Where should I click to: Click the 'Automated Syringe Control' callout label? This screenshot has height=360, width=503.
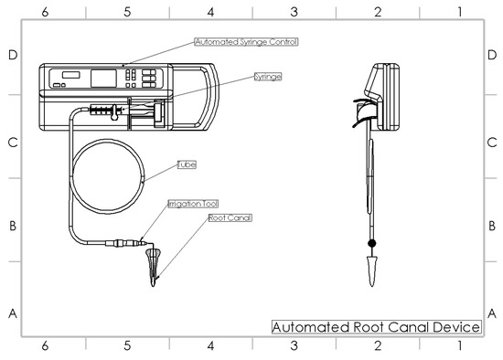246,42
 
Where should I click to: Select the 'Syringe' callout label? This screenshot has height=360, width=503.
267,77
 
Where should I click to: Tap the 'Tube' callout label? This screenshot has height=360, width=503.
187,164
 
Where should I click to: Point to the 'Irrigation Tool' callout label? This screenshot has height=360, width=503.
192,205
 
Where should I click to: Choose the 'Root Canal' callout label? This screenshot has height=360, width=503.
230,218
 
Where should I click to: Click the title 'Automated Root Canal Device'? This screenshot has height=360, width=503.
376,327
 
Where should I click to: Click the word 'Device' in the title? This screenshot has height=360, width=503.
455,327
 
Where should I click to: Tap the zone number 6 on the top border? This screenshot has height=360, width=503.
44,12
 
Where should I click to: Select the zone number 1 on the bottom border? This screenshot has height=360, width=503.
459,347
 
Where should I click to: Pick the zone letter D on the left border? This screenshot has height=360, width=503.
13,55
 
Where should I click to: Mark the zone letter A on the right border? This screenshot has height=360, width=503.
491,312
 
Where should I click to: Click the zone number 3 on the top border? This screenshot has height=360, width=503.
294,12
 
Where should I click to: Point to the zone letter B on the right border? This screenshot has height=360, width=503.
491,227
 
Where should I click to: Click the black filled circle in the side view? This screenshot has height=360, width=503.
371,243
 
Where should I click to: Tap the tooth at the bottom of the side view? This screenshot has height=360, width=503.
371,270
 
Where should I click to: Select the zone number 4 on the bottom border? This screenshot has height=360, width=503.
210,347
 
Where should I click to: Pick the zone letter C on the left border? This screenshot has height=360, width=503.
13,142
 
